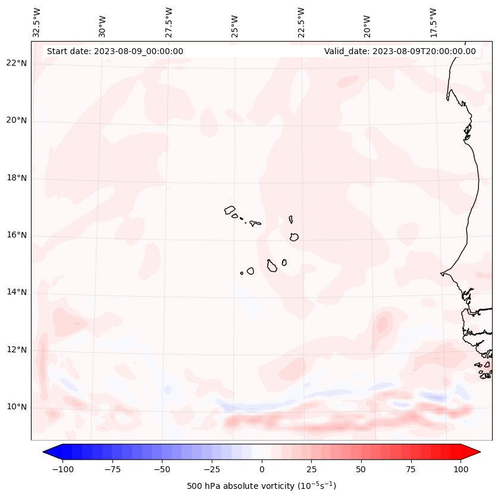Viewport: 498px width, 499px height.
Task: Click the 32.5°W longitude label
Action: coord(37,22)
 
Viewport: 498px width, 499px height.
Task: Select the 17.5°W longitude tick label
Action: coord(433,22)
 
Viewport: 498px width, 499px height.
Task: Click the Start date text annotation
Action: coord(115,51)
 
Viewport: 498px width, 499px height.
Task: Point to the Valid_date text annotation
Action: coord(400,51)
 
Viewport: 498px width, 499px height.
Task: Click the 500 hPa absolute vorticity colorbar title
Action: coord(261,486)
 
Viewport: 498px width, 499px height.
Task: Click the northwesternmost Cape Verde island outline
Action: coord(230,209)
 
